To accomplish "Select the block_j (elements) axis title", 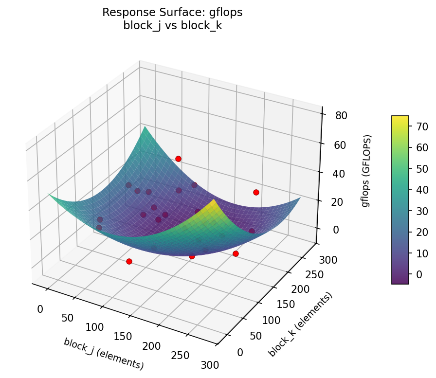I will click(x=103, y=353).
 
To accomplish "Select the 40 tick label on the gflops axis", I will click(x=335, y=174).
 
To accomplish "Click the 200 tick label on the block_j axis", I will click(x=152, y=346).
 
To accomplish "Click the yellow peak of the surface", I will click(x=215, y=201).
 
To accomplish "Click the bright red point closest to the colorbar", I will click(x=256, y=192).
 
